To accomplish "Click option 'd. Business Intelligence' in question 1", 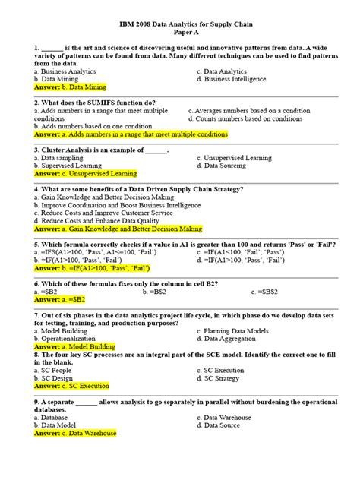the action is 236,78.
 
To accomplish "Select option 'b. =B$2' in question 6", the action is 159,292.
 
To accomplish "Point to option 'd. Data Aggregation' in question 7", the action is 232,339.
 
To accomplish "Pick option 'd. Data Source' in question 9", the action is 224,425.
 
